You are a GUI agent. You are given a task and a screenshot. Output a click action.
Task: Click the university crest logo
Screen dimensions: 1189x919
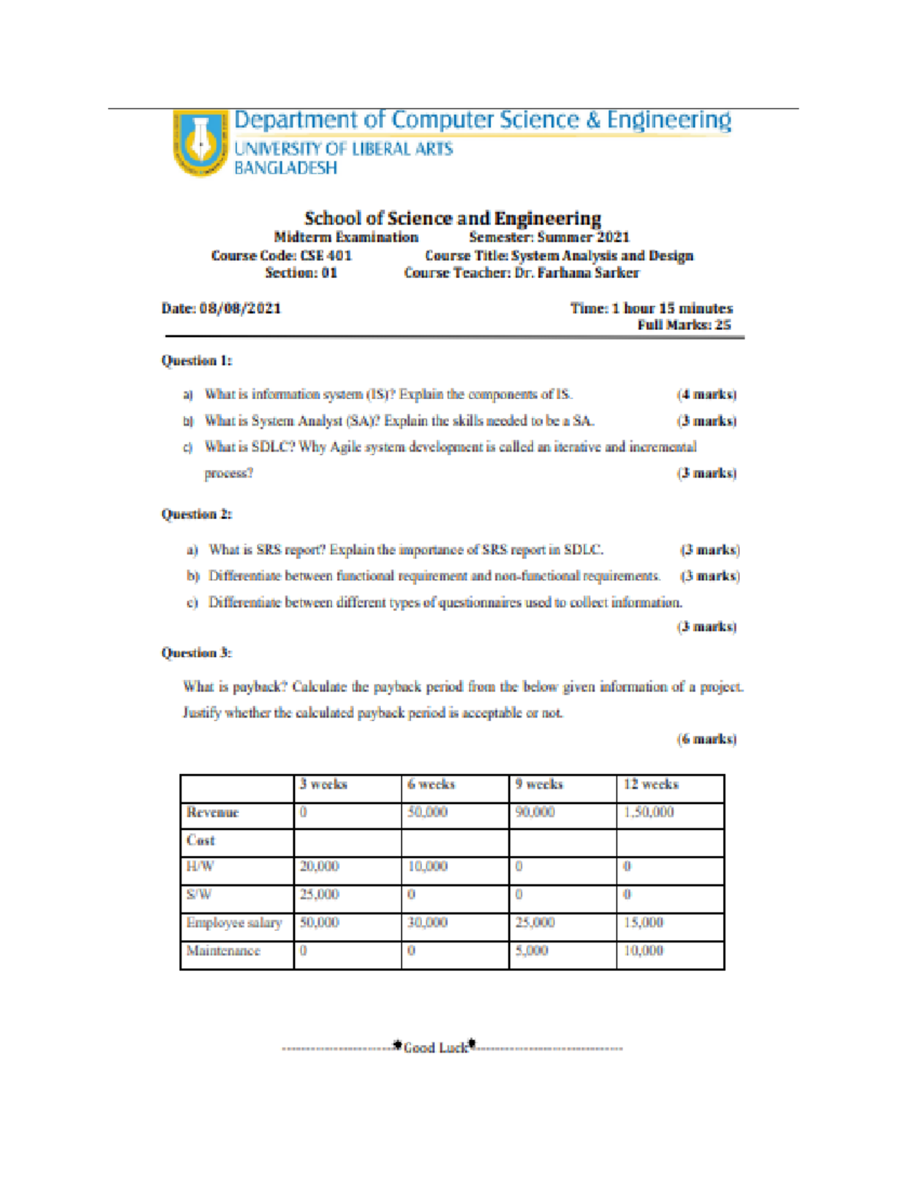201,142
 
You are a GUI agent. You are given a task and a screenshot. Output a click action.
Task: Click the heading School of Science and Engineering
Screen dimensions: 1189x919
453,218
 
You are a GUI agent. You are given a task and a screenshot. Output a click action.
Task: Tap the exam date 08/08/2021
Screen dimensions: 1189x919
240,309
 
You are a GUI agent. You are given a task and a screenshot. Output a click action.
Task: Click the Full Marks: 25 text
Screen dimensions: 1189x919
684,325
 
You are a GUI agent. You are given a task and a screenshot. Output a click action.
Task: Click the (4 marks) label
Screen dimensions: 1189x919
706,394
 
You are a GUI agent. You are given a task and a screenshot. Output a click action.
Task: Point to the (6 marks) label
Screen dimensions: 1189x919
706,739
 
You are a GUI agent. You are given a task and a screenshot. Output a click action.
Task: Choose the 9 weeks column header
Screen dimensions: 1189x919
539,785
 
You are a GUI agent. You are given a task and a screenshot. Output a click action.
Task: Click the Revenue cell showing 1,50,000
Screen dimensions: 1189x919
649,812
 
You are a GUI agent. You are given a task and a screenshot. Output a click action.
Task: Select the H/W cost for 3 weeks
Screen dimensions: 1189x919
319,867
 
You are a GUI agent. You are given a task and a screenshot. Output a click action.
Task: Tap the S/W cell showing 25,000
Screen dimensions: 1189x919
319,895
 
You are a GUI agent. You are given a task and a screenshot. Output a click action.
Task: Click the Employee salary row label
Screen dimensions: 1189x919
234,923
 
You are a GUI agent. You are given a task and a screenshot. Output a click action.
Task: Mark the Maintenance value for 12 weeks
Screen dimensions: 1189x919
643,951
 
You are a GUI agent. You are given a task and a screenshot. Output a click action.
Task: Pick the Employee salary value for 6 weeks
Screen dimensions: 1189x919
427,923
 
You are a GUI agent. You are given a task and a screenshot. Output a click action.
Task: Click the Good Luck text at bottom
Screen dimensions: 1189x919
435,1047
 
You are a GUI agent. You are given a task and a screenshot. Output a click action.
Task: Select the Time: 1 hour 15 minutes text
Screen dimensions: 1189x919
651,309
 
